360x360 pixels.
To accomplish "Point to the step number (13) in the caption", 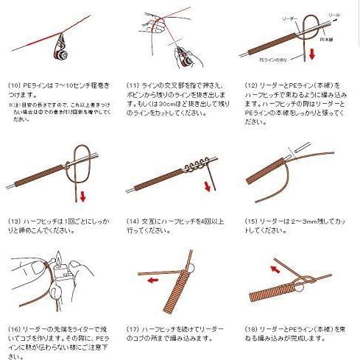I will (x=15, y=220).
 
